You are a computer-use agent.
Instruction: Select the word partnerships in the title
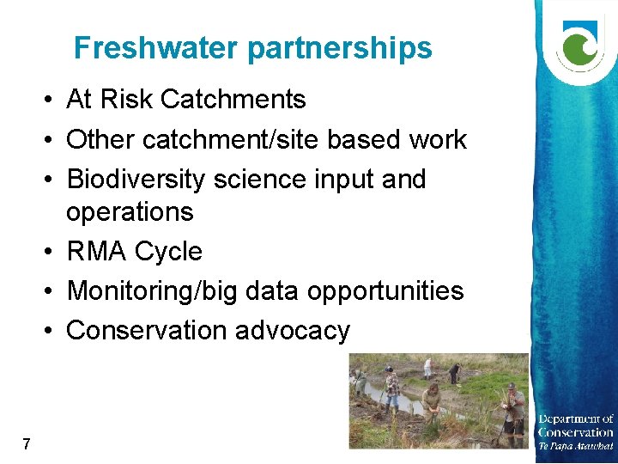coord(340,49)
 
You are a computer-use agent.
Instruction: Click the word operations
coord(130,212)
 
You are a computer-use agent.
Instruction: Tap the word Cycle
coord(168,253)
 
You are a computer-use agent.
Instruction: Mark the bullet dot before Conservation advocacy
coord(53,331)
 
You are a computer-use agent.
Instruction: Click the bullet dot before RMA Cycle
coord(53,252)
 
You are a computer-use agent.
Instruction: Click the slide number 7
coord(27,444)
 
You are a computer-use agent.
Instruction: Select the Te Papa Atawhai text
coord(575,446)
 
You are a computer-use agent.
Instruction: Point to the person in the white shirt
coord(427,368)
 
